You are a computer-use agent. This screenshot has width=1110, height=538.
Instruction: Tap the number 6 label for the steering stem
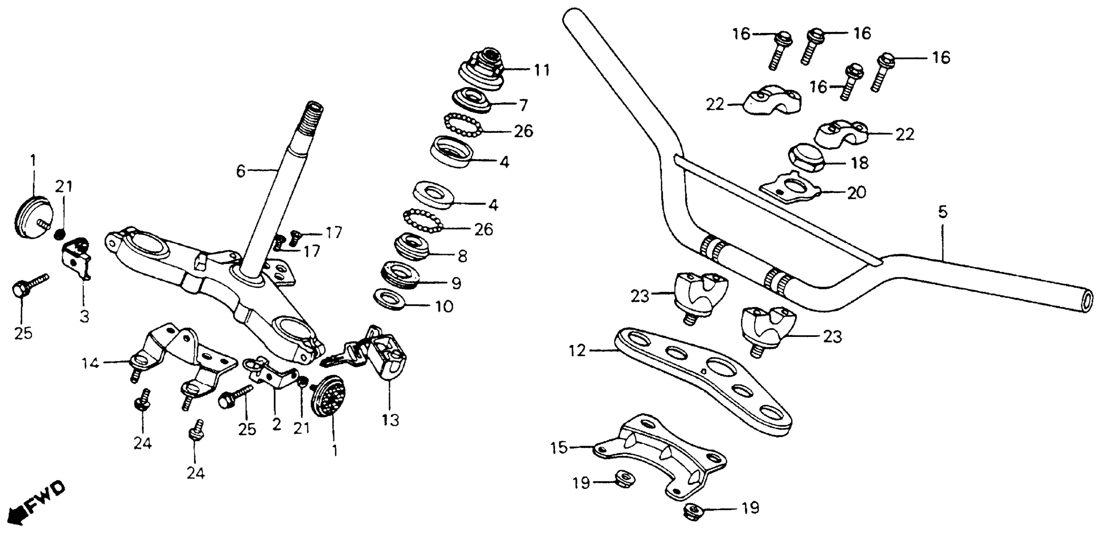240,172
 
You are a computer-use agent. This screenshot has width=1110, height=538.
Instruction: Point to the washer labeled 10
390,299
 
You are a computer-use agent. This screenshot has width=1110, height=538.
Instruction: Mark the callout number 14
90,363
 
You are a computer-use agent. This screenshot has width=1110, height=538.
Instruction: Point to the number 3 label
84,317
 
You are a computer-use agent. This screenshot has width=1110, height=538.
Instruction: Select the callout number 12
577,351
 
